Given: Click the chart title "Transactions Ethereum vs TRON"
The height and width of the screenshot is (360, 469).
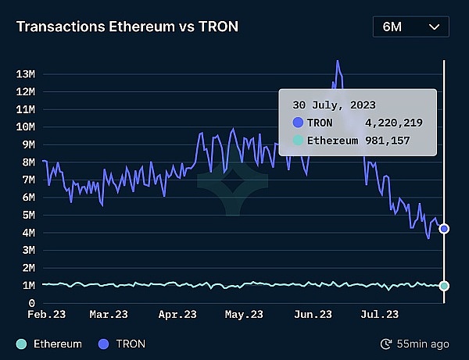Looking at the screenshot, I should (127, 27).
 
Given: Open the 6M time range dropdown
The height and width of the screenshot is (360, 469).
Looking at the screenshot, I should (411, 27).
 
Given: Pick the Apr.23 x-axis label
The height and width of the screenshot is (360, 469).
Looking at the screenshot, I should (177, 315).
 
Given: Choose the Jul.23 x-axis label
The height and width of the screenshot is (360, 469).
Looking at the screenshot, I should (381, 315).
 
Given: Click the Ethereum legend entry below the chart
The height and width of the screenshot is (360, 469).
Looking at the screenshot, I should (49, 344).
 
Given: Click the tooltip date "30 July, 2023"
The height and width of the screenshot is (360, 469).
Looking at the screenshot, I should (334, 104).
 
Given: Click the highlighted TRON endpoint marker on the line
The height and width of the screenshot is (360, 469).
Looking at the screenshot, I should (444, 229).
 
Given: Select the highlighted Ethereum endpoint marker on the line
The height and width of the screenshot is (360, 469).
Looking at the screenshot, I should (444, 286).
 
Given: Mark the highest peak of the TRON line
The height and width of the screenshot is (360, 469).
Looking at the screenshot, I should (338, 60).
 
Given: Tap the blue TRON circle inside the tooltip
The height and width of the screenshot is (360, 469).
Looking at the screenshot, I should (298, 123).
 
